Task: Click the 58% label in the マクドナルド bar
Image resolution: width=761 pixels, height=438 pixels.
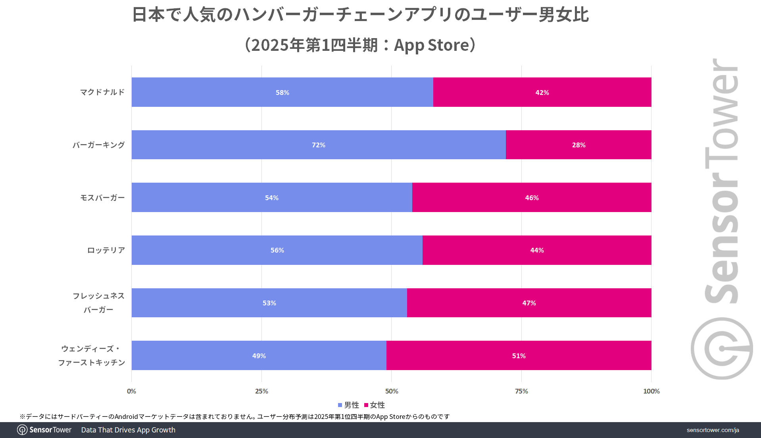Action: click(x=282, y=93)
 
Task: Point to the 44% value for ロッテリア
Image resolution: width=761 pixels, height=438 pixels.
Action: click(x=537, y=250)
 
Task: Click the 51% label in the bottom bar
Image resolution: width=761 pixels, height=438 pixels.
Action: click(x=519, y=356)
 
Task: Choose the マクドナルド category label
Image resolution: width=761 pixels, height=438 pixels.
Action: click(x=102, y=92)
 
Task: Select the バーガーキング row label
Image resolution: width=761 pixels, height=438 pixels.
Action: click(x=98, y=145)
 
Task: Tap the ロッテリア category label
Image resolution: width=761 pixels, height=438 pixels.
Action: click(x=106, y=250)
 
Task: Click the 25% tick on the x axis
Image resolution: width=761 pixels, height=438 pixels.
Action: click(x=261, y=391)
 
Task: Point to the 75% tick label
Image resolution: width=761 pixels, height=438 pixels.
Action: click(x=521, y=391)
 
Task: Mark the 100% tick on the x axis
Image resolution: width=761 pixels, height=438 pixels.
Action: click(x=651, y=391)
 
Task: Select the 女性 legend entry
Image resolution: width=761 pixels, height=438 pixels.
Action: click(x=375, y=405)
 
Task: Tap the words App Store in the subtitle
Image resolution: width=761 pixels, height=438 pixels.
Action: click(x=432, y=45)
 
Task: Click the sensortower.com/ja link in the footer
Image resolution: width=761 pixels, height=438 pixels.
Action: click(x=713, y=430)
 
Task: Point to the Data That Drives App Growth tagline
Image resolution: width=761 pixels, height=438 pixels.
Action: click(x=128, y=430)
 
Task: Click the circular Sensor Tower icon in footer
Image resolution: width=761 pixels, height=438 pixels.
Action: click(x=22, y=430)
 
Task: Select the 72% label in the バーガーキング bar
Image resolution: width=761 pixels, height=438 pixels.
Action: click(x=318, y=145)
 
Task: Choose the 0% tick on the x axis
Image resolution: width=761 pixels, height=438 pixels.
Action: click(x=131, y=391)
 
